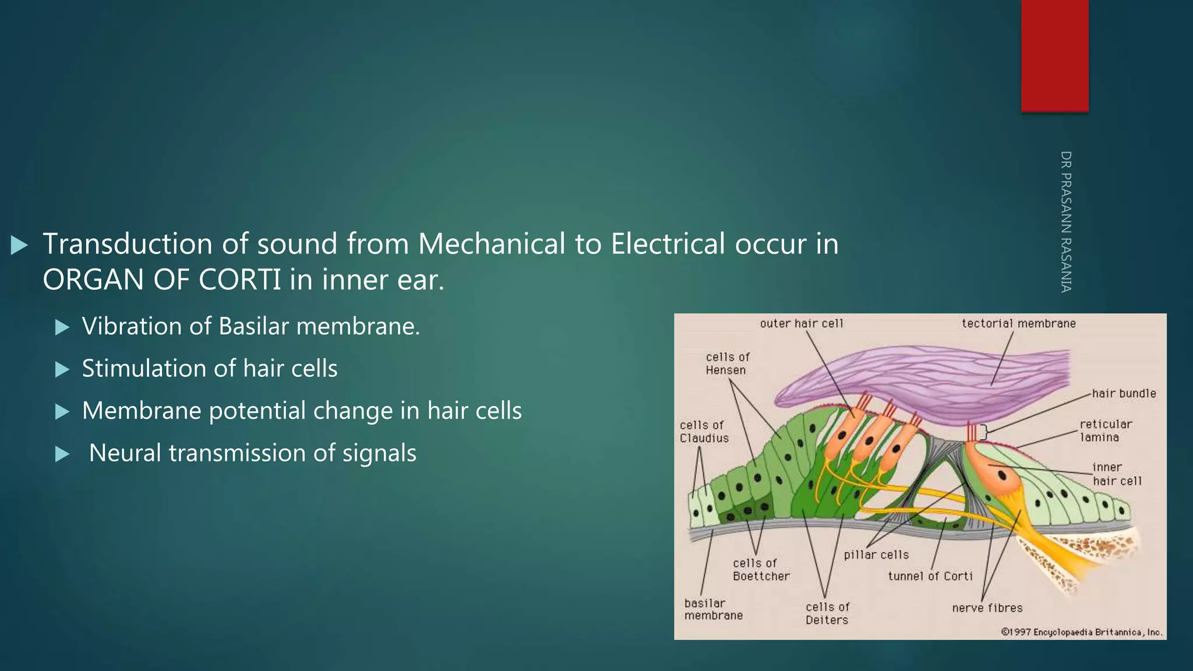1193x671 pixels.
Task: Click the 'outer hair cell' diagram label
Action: [x=801, y=323]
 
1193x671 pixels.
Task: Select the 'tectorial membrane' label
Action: [x=1018, y=323]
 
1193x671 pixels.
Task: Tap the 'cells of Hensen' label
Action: [x=728, y=363]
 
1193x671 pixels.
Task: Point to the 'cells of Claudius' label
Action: [x=704, y=432]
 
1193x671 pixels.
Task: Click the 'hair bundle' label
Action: [x=1124, y=393]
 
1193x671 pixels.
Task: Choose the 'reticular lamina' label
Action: [x=1105, y=430]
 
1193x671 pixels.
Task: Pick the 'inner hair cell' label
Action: [x=1116, y=474]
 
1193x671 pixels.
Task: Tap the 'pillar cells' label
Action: [x=876, y=555]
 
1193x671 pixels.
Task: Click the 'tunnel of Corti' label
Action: [x=930, y=576]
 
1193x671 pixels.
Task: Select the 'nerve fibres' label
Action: [x=987, y=608]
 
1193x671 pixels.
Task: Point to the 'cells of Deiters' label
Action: [x=827, y=613]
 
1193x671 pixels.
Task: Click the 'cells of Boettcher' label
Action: [x=761, y=570]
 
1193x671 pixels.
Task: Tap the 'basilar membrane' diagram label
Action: [x=713, y=609]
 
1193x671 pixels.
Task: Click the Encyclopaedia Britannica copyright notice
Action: [x=1081, y=632]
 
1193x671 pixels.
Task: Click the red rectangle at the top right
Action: [x=1054, y=55]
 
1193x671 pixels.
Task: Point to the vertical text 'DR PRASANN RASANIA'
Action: [x=1065, y=221]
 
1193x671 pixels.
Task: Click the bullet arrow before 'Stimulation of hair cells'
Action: [x=62, y=369]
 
